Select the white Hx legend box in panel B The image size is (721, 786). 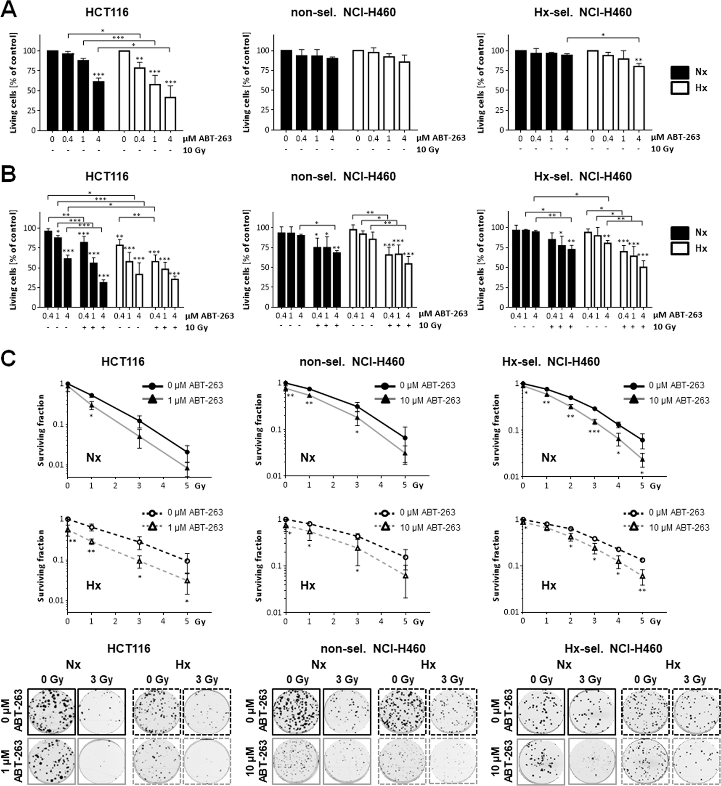(680, 248)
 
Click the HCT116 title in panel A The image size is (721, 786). (107, 12)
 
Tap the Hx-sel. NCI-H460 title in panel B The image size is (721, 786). (583, 177)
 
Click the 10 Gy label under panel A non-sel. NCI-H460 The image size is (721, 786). (428, 150)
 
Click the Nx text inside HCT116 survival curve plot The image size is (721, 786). (94, 457)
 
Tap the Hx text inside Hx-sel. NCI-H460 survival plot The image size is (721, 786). (549, 585)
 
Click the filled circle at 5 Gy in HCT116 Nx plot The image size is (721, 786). (187, 452)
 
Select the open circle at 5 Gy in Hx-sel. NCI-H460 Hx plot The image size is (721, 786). (642, 560)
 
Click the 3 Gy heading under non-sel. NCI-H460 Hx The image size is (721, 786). (452, 680)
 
